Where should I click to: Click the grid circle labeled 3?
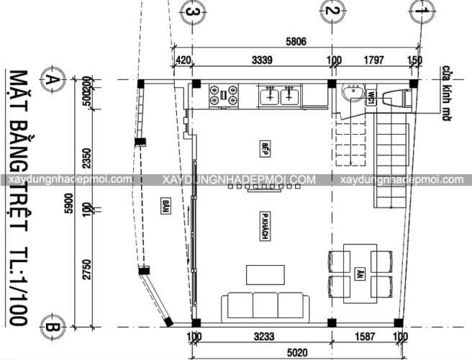pos(191,11)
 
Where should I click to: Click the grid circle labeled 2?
pos(331,11)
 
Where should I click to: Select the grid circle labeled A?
pos(51,80)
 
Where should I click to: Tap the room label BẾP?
pos(265,148)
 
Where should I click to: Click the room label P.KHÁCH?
pos(265,228)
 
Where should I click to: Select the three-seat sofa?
pos(261,305)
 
